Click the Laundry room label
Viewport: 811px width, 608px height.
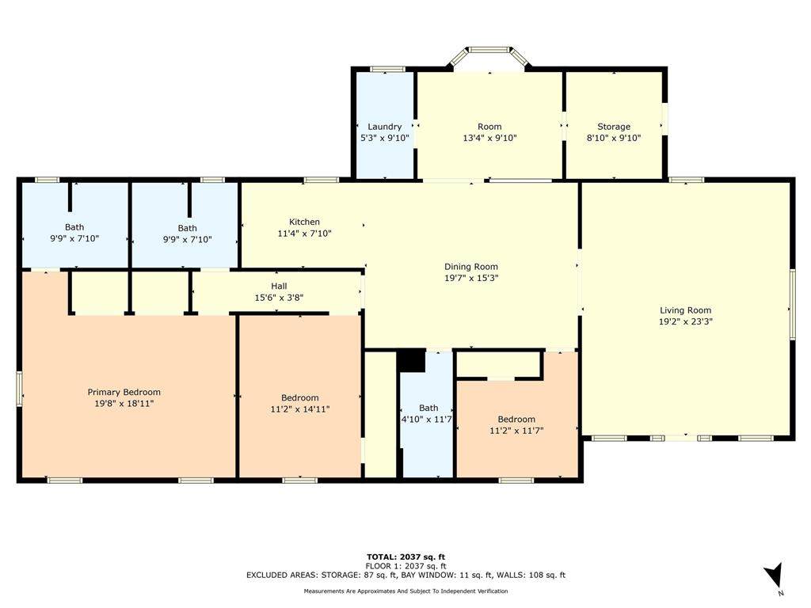[384, 127]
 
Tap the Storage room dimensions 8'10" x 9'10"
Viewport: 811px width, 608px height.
[614, 138]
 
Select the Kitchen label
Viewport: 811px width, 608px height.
[304, 222]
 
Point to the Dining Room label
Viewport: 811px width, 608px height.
[471, 267]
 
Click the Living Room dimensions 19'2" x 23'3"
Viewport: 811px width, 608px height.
[685, 321]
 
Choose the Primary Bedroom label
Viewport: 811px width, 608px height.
[124, 392]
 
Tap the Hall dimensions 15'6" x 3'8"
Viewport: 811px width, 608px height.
[279, 298]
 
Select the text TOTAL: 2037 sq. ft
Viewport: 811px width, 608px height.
[405, 557]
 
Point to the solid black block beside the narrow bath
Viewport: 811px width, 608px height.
[411, 361]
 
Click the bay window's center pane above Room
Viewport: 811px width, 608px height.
[489, 50]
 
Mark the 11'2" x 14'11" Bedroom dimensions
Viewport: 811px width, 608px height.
[300, 409]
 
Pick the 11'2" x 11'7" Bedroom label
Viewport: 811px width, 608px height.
[516, 420]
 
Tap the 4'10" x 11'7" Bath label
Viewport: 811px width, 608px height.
[428, 408]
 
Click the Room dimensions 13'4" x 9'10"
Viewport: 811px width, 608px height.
[489, 138]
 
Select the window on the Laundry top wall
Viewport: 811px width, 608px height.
[387, 70]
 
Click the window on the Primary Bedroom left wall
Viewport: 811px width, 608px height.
[20, 389]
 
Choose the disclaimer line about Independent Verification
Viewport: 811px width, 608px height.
[405, 591]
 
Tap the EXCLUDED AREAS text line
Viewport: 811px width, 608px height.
[405, 575]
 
